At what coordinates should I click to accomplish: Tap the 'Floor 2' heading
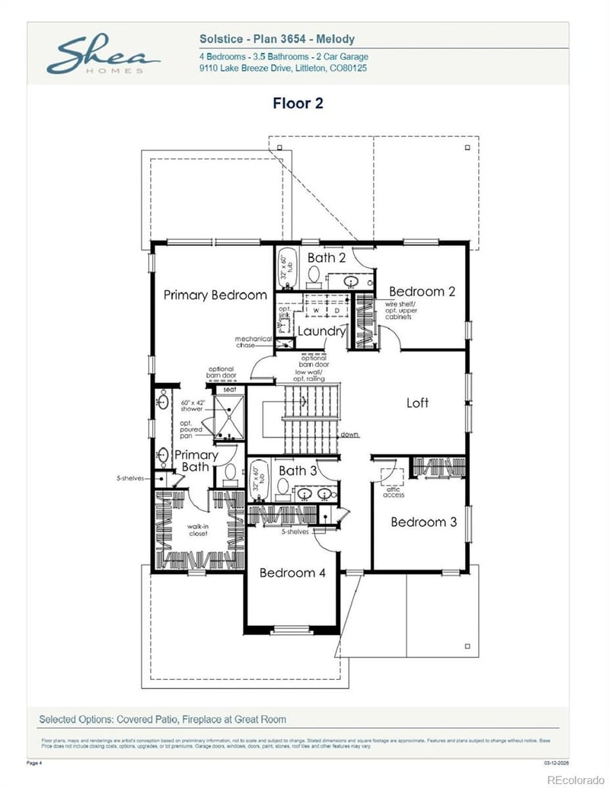click(x=298, y=103)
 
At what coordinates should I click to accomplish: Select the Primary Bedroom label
click(x=215, y=295)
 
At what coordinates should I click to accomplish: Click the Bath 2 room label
click(x=327, y=258)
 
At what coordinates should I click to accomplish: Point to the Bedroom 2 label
click(x=422, y=291)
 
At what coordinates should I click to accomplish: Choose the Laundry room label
click(x=321, y=331)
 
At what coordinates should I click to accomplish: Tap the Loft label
click(x=417, y=403)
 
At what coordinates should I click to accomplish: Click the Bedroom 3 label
click(x=423, y=522)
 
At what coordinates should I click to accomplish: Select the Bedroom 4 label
click(x=292, y=573)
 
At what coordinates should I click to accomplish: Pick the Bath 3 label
click(x=297, y=471)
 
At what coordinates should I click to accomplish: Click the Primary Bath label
click(x=196, y=461)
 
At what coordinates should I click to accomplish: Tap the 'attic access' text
click(x=394, y=492)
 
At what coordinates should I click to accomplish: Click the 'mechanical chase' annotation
click(x=253, y=342)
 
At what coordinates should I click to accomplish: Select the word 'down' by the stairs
click(x=349, y=435)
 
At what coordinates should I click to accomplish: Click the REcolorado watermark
click(x=575, y=778)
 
